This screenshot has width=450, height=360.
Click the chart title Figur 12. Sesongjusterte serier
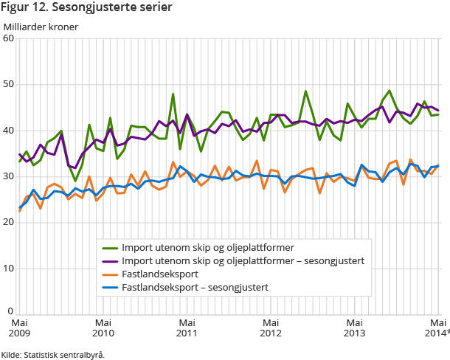(x=88, y=8)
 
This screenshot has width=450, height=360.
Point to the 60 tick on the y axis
(x=8, y=38)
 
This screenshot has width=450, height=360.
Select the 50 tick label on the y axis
(x=8, y=84)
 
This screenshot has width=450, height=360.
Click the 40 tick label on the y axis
(x=8, y=131)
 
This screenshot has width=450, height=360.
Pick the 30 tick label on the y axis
(x=8, y=176)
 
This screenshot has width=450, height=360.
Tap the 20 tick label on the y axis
(x=8, y=222)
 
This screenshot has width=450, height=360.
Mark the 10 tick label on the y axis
(x=8, y=269)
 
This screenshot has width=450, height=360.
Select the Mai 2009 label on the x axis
(x=19, y=328)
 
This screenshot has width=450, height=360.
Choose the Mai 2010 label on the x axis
(x=103, y=328)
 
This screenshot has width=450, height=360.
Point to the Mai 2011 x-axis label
(x=187, y=328)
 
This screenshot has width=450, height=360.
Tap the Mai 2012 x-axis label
(x=271, y=328)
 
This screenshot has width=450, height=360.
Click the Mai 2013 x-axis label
(x=356, y=328)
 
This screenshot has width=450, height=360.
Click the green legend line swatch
(x=110, y=247)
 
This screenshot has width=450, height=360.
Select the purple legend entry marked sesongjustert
(x=243, y=260)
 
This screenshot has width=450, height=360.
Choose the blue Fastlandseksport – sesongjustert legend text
(x=195, y=287)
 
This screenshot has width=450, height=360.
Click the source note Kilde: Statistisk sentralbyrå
(x=53, y=355)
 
